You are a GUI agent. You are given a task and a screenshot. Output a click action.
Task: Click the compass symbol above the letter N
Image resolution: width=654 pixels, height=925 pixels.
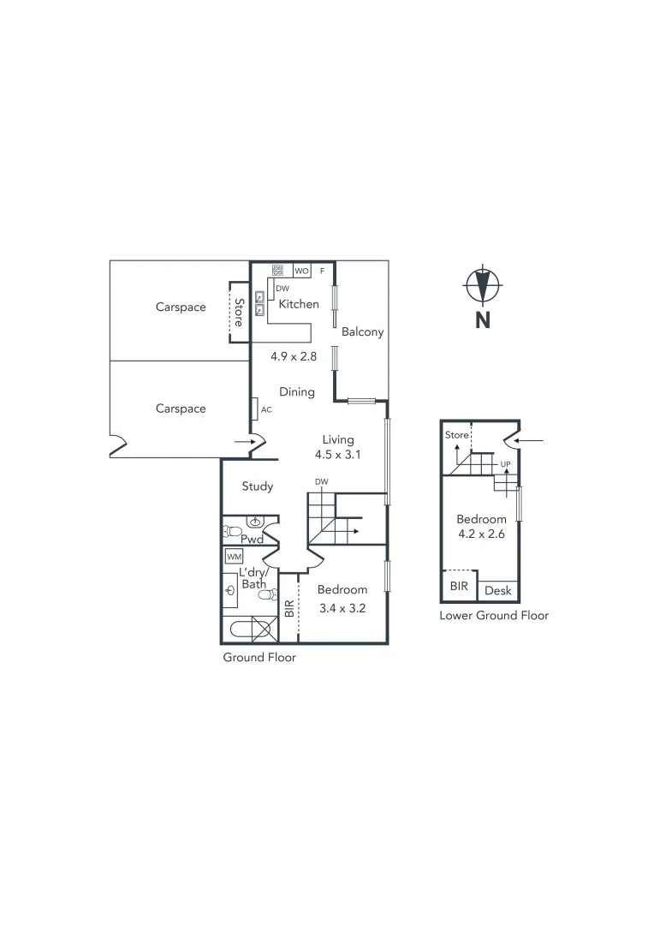point(483,285)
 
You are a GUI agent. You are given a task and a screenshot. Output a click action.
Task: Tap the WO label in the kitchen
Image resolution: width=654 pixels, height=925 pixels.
point(302,271)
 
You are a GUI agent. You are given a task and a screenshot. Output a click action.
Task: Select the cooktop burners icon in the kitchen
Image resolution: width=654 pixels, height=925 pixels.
point(278,270)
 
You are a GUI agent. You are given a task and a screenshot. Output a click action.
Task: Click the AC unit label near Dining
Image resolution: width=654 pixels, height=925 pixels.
point(265,409)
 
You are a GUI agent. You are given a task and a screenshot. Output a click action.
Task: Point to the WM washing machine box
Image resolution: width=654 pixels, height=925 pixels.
point(234,557)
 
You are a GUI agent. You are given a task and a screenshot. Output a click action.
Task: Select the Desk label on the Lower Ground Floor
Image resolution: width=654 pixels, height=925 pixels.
point(497,591)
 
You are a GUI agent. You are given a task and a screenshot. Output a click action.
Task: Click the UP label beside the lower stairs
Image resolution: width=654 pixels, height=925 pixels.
point(505,465)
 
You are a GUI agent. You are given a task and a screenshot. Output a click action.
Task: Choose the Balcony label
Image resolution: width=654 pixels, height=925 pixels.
point(362,331)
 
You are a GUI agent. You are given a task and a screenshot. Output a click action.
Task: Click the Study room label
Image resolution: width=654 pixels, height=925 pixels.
point(257,486)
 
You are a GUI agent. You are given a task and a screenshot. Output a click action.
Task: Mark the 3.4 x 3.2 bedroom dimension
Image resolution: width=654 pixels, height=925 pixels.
point(342,609)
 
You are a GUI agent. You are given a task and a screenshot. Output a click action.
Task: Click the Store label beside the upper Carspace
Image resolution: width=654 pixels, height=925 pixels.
point(239,312)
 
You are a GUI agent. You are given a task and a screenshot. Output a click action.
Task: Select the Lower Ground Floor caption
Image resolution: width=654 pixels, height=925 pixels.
point(493,615)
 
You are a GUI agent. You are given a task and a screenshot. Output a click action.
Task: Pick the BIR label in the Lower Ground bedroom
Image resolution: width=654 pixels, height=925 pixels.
point(459,587)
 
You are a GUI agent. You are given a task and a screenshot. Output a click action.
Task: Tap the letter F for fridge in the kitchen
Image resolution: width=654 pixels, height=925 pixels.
point(322,271)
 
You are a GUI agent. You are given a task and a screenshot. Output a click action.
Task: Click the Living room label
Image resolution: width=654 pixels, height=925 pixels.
point(337,439)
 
